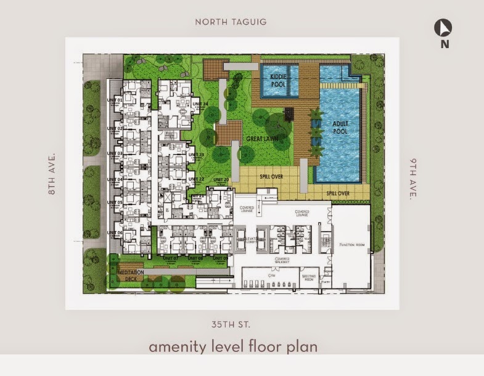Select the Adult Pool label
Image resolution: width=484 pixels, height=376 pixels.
click(x=340, y=127)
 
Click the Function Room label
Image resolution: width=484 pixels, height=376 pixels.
click(x=353, y=245)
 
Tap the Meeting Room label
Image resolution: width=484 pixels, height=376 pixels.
click(x=309, y=277)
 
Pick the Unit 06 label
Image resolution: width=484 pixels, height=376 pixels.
click(x=115, y=233)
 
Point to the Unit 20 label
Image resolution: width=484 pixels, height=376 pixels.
click(x=221, y=179)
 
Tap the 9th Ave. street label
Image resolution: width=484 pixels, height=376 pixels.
click(x=412, y=179)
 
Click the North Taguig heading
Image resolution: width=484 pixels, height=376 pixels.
click(x=231, y=22)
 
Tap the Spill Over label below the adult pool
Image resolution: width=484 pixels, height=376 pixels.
click(x=337, y=193)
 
